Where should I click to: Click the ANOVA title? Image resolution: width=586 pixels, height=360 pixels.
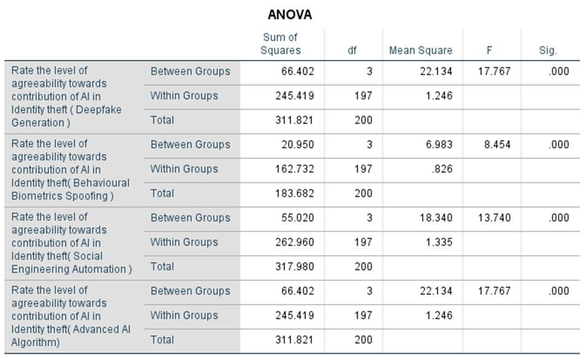point(290,15)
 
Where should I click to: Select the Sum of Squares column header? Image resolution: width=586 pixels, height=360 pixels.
point(281,44)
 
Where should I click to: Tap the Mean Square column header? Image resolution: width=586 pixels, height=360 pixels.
point(420,51)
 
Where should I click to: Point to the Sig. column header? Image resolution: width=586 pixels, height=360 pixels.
point(548,51)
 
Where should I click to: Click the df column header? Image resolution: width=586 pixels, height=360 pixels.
point(352,51)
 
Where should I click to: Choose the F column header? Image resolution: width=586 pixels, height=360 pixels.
point(489,51)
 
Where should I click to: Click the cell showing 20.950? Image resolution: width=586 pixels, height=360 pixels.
point(297,145)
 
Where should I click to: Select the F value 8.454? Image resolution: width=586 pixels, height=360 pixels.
point(497,145)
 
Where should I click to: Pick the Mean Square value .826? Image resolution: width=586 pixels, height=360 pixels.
point(442,169)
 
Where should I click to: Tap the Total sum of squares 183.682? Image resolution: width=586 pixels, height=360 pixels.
point(294,193)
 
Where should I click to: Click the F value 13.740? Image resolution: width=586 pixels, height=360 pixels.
point(494,218)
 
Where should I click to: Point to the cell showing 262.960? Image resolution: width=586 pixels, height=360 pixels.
point(294,242)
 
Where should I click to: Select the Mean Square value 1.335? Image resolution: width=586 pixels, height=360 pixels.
point(439,242)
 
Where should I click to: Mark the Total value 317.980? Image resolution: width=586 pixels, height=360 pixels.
point(294,266)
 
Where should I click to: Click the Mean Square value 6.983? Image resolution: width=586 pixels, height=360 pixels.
point(439,145)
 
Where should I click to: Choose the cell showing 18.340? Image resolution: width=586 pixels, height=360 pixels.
point(436,218)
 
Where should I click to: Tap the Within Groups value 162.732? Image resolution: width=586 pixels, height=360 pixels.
point(294,169)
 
